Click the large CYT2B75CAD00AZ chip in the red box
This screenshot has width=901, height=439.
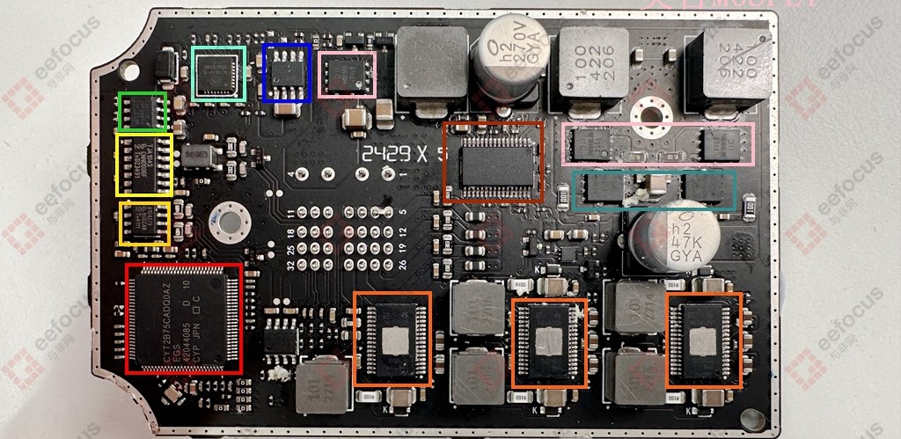(184, 318)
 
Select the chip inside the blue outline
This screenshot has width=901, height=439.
(287, 73)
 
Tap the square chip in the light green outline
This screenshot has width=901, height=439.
(218, 73)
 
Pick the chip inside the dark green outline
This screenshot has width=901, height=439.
(143, 111)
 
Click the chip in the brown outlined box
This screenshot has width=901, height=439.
(493, 163)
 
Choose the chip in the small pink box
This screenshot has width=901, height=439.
(348, 74)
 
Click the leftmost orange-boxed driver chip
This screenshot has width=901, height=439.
(392, 339)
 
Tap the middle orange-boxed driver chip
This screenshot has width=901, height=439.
(549, 343)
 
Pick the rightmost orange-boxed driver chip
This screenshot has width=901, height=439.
(704, 340)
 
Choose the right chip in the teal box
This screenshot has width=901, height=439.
(708, 189)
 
